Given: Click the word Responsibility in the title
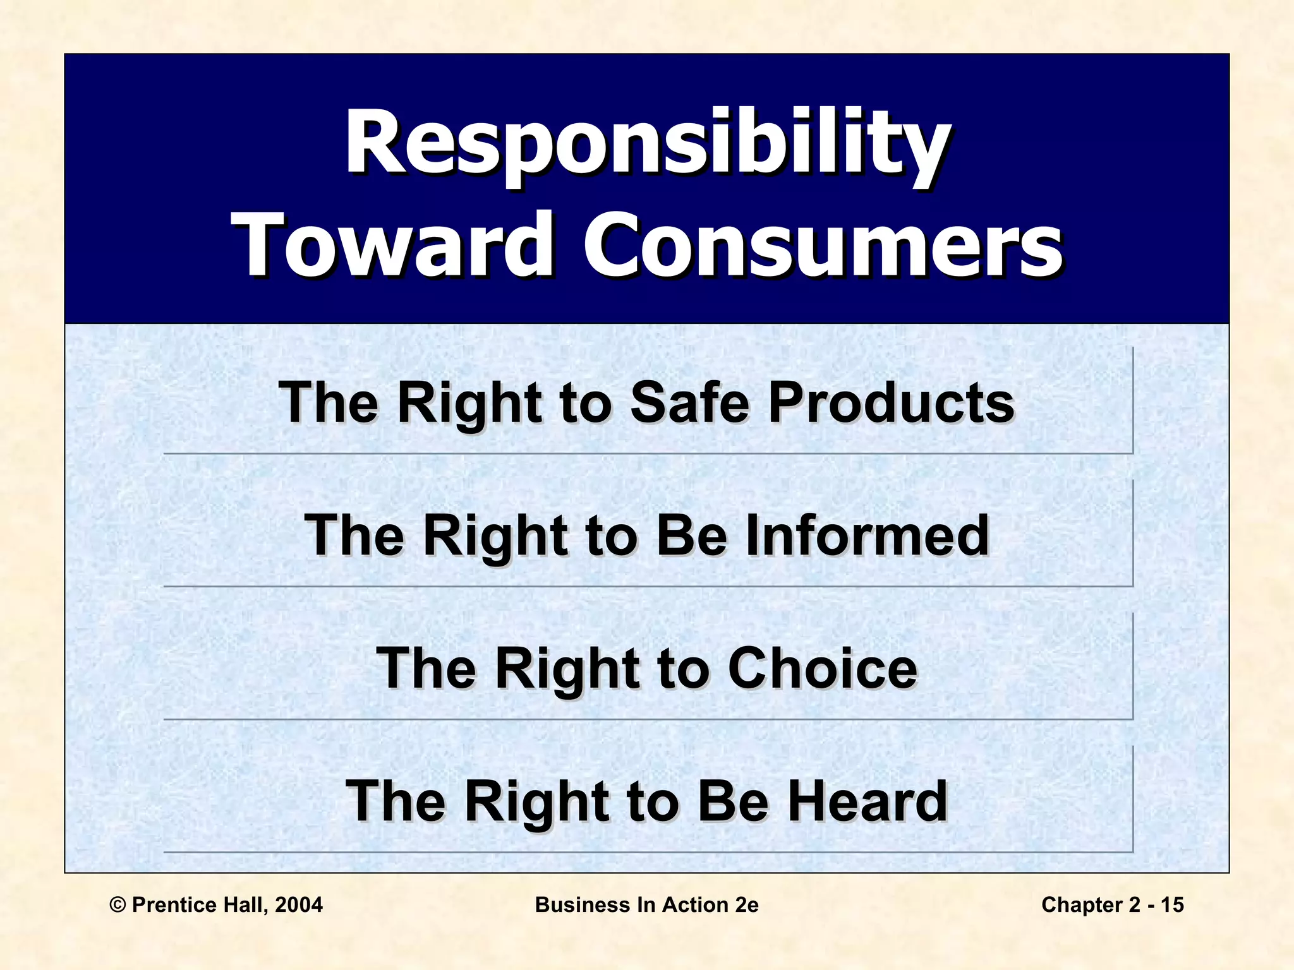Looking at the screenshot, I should (646, 144).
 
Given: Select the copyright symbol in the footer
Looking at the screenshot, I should (118, 905).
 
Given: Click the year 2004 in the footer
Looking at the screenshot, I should (299, 905).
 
